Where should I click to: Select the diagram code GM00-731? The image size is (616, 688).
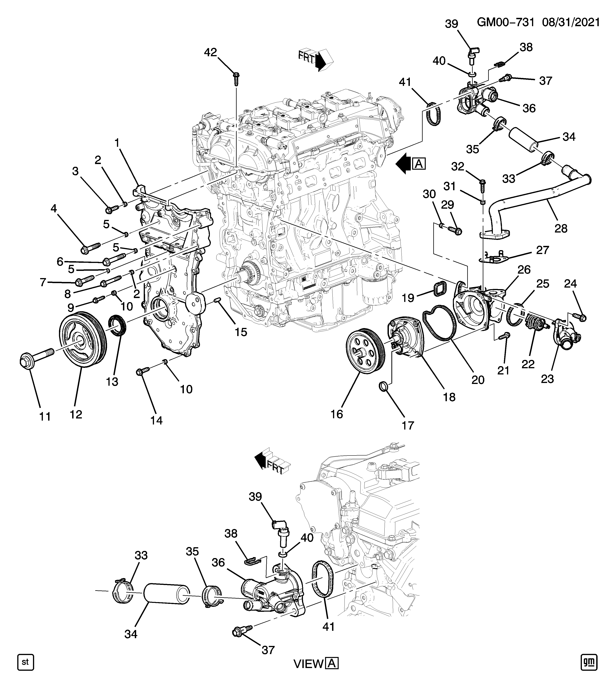tap(505, 23)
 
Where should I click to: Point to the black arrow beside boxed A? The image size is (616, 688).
tap(404, 164)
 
